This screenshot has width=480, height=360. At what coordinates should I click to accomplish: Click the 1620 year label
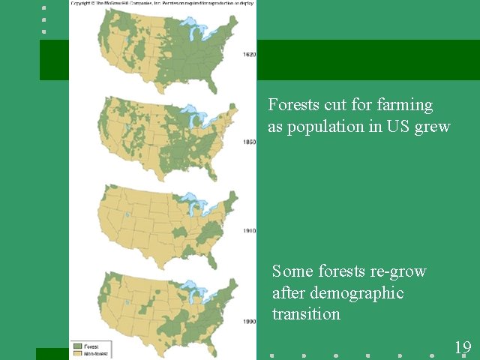pyautogui.click(x=249, y=55)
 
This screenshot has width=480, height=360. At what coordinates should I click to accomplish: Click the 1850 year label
pyautogui.click(x=249, y=142)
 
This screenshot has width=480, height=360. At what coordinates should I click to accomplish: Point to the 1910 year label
pyautogui.click(x=249, y=232)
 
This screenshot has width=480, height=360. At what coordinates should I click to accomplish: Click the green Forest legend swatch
pyautogui.click(x=76, y=346)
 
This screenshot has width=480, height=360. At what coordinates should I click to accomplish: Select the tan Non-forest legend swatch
pyautogui.click(x=76, y=353)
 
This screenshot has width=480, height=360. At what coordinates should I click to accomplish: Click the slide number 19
pyautogui.click(x=463, y=346)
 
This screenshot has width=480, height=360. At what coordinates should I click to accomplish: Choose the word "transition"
pyautogui.click(x=306, y=313)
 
